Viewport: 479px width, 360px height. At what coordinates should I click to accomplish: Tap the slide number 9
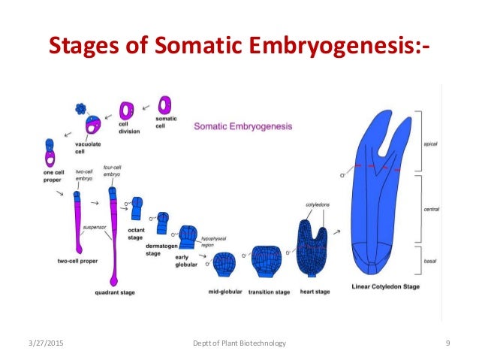pos(447,343)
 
